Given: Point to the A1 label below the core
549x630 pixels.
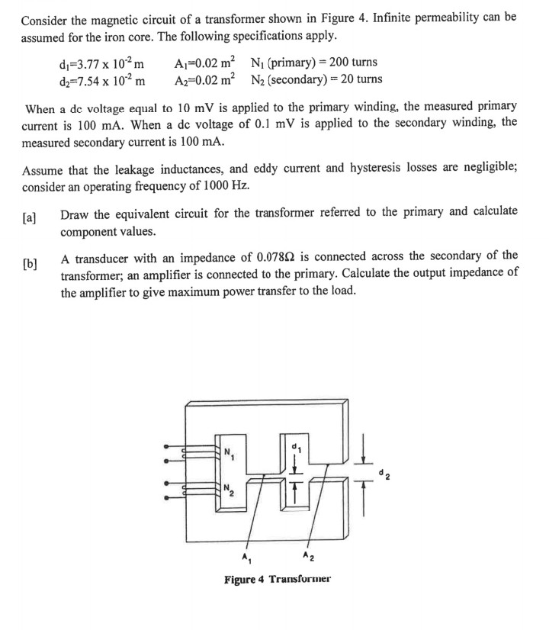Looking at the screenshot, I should coord(245,555).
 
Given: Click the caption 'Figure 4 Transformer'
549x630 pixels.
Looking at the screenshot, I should coord(278,580).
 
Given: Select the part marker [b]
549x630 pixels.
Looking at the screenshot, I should coord(30,264).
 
